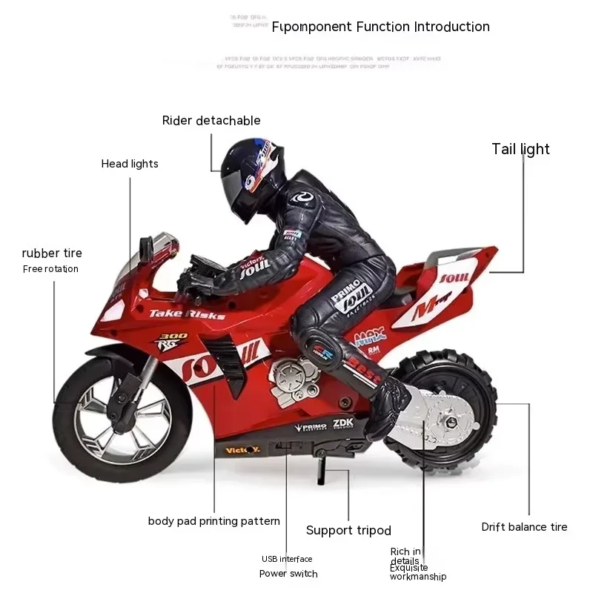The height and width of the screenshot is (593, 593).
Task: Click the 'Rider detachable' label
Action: [211, 120]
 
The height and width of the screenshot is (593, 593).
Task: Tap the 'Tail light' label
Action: [520, 149]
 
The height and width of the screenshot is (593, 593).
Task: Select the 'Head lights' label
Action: [130, 164]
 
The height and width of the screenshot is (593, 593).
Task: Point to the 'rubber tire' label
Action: [52, 254]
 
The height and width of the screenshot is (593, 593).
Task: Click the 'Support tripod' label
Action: [348, 530]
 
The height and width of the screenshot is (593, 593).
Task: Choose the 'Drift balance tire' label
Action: [524, 527]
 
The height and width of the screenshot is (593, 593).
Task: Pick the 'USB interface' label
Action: [287, 559]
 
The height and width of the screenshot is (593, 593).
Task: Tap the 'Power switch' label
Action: [288, 573]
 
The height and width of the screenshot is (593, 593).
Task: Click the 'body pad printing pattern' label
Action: [214, 521]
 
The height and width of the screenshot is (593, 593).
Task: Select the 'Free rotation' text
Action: [50, 269]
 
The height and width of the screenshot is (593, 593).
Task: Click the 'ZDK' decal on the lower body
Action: [344, 423]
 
